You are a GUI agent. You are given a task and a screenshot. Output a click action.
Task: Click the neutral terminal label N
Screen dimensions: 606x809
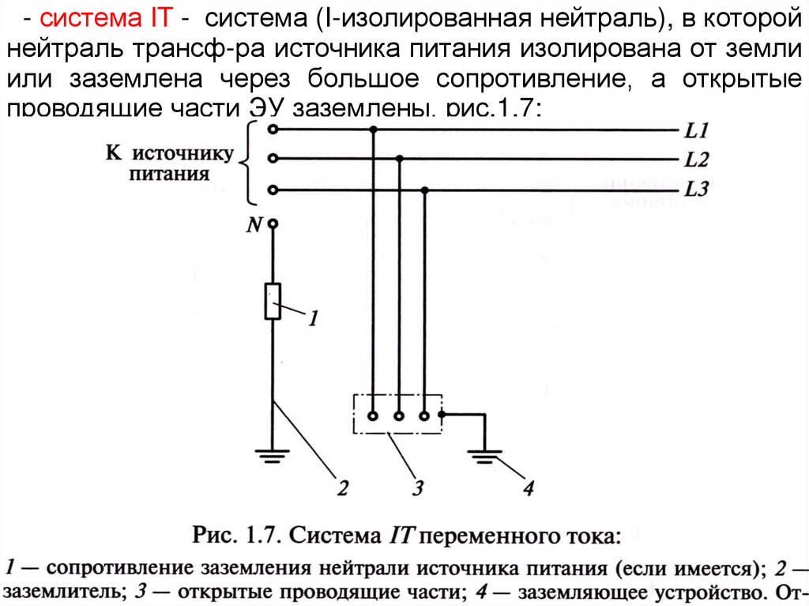(x=254, y=225)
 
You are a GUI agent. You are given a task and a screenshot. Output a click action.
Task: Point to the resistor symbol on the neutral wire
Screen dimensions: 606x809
(x=273, y=301)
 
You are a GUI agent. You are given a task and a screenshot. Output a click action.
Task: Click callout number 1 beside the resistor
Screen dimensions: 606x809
(x=313, y=318)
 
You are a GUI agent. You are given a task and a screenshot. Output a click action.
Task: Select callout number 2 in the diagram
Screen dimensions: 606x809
(x=341, y=487)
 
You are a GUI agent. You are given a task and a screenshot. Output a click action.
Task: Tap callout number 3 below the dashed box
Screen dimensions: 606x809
(x=418, y=487)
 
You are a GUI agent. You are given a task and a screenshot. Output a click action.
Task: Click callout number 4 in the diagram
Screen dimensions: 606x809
(x=528, y=487)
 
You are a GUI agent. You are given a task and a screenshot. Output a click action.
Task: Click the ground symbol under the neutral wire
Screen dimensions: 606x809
(x=273, y=454)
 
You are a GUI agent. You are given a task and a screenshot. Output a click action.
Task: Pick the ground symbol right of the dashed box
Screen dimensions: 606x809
(x=483, y=454)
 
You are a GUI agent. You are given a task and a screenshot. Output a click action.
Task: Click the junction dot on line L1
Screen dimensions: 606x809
(x=374, y=129)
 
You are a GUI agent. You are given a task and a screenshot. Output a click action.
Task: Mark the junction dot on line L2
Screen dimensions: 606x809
(x=400, y=159)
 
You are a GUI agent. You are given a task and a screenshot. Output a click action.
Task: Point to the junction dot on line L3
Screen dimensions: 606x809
(x=426, y=190)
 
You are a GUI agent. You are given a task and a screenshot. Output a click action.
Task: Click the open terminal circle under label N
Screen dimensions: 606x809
(x=273, y=224)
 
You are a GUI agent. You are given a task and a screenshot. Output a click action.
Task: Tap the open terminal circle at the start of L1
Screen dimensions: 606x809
(x=273, y=129)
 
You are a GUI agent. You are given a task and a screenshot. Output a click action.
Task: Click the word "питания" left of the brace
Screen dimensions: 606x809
(x=169, y=173)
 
